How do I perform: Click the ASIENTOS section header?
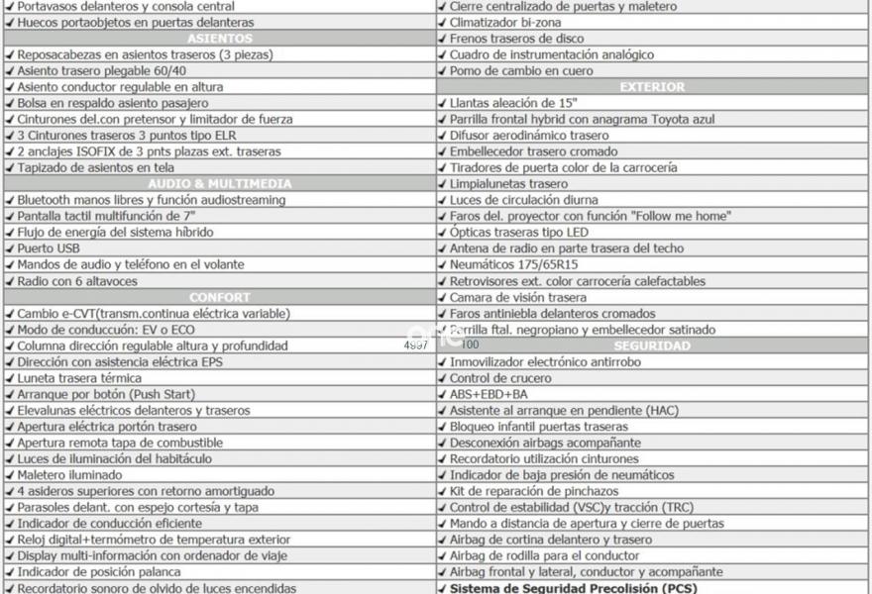coord(219,38)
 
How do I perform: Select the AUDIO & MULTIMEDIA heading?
coord(219,183)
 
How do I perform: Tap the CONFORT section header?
coord(219,297)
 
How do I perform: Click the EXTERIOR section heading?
coord(652,87)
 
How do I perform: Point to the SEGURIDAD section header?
coord(652,346)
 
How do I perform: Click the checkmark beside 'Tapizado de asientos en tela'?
coord(10,167)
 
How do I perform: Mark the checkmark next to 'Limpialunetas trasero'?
coord(442,184)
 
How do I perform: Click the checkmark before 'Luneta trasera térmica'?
coord(10,378)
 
